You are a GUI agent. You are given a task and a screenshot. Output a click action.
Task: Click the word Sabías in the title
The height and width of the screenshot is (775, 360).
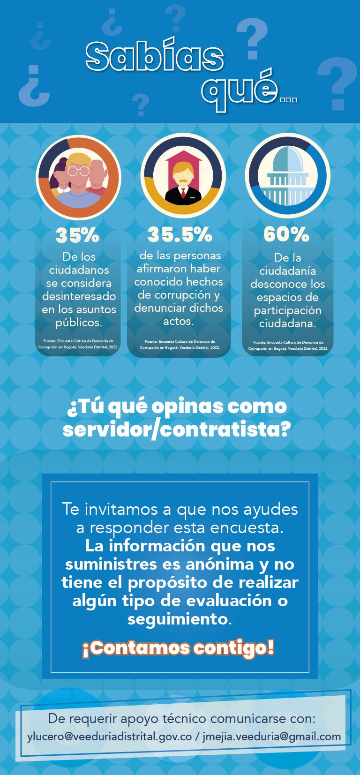[x=155, y=57]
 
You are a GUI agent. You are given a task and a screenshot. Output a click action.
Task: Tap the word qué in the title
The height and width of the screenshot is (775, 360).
[x=239, y=89]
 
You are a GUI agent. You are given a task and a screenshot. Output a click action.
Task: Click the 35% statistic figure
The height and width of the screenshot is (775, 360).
[x=77, y=235]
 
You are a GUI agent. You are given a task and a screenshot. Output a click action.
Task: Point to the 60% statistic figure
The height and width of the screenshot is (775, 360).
[x=286, y=234]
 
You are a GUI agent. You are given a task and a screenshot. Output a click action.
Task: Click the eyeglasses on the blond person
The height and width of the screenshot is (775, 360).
[x=78, y=171]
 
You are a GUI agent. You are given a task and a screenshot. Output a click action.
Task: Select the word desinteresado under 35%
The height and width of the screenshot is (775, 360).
[x=79, y=296]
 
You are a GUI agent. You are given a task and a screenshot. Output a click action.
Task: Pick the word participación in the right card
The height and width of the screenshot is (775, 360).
[x=287, y=310]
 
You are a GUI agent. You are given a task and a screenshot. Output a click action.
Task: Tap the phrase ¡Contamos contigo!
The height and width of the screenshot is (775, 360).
[x=178, y=648]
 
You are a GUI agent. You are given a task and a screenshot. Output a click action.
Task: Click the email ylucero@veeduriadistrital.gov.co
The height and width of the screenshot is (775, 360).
[x=110, y=737]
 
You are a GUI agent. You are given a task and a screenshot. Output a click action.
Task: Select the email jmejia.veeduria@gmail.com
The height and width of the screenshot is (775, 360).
[x=272, y=737]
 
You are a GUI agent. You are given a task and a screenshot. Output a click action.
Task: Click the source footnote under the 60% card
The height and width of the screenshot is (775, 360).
[x=288, y=346]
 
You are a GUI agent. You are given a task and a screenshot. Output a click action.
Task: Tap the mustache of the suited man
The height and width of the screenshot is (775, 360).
[x=183, y=180]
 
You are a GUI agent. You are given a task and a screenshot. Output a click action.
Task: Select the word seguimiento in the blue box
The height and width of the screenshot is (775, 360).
[x=178, y=619]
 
